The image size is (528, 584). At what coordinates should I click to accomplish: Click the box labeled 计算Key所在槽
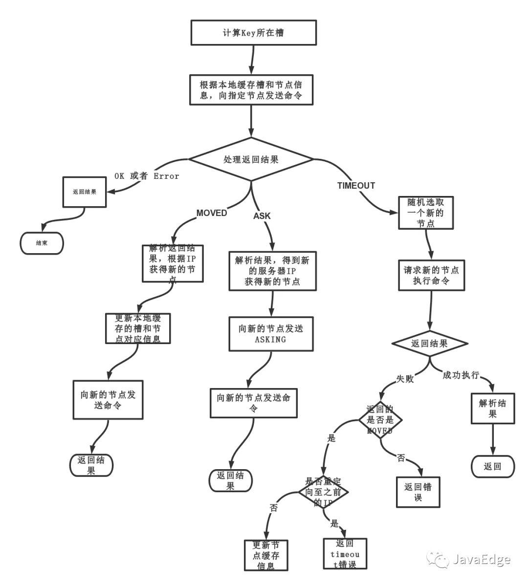coord(253,33)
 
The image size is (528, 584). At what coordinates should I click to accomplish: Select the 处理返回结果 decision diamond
coord(251,159)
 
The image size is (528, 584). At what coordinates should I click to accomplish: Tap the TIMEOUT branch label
coord(356,186)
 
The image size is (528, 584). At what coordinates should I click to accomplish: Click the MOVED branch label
coord(212,213)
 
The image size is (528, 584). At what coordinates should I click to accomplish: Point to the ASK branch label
coord(262,216)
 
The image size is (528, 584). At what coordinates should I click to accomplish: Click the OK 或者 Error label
coord(147,176)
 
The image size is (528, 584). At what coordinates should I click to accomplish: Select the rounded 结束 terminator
coord(42,243)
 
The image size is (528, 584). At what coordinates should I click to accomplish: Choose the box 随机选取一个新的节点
coord(425,213)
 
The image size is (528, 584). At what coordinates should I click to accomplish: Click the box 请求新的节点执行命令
coord(431,275)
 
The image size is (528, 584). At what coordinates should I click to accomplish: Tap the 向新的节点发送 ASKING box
coord(271,334)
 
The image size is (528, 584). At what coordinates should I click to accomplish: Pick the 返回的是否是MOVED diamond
coord(380,420)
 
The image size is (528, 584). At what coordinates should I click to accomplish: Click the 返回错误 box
coord(418,492)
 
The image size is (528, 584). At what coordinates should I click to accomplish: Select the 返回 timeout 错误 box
coord(345,554)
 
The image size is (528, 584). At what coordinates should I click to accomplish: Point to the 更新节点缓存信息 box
coord(266,555)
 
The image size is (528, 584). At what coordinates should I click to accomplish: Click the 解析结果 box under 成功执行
coord(492,409)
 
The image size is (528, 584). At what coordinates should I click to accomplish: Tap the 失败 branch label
coord(405,379)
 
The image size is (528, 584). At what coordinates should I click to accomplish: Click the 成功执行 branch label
coord(461,375)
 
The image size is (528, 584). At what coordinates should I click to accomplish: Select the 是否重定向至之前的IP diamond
coord(323,492)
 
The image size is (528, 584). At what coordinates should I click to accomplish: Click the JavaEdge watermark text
coord(481,560)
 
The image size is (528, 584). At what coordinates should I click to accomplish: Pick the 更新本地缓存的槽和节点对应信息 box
coord(138,328)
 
